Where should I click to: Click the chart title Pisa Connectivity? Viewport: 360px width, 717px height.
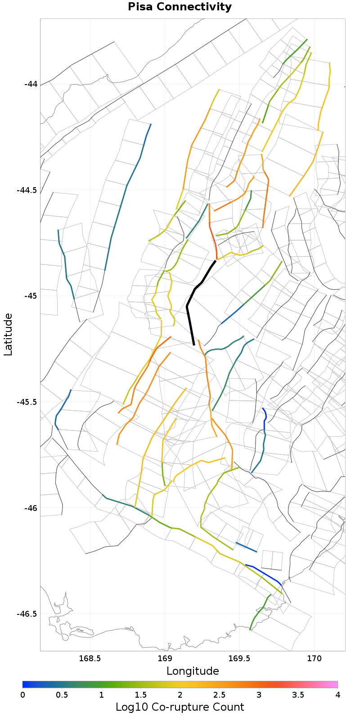pos(180,7)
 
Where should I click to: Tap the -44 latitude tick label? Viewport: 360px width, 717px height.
pos(31,84)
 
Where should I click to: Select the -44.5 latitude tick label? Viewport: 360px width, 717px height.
pos(27,190)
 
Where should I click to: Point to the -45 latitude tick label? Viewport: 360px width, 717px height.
pos(31,296)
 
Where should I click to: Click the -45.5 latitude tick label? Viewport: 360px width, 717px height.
pos(27,402)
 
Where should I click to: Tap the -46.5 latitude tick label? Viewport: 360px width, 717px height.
pos(27,614)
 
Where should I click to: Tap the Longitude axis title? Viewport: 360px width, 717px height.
pos(193,671)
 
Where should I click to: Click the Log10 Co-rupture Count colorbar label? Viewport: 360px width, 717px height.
pos(180,707)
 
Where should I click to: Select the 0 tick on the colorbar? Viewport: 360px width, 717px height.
pos(22,695)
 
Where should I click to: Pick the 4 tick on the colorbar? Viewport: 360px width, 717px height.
pos(337,695)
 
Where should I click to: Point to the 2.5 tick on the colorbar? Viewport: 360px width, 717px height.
pos(219,695)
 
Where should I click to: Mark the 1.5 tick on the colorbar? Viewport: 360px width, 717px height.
pos(140,695)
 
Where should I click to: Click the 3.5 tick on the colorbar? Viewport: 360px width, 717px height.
pos(298,695)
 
